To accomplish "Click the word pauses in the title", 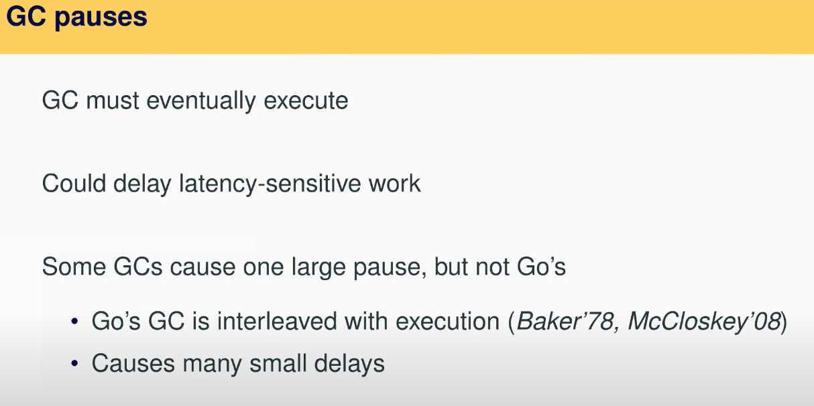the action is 101,18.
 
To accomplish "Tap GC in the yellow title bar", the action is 26,17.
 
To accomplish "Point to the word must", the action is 113,100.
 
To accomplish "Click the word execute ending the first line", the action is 306,101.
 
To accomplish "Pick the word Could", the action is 74,183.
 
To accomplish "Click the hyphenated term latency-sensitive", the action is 270,184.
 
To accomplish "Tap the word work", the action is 395,184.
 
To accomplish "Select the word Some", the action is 74,267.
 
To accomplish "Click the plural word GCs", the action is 137,267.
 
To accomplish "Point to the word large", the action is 318,268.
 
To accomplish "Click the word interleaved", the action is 277,322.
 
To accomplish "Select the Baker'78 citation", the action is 565,322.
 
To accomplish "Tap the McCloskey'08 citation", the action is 705,322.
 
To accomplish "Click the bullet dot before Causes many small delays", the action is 75,363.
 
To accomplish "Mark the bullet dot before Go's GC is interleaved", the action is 75,321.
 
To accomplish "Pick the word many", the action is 213,364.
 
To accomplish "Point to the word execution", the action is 448,322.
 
